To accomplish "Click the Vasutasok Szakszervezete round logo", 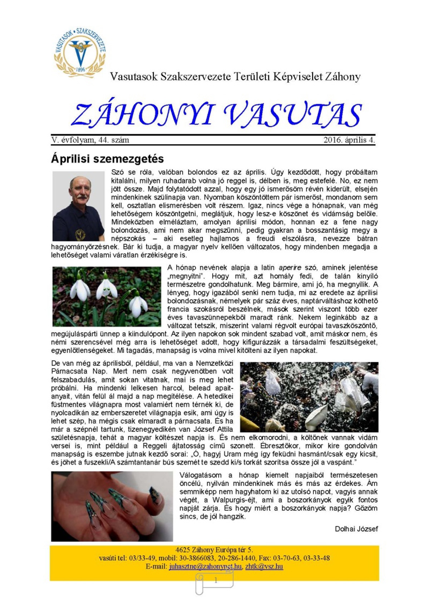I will click(80, 52).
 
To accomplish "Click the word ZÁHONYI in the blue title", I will click(142, 115).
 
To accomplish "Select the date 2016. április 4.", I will click(349, 140).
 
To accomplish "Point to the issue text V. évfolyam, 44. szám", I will click(90, 140).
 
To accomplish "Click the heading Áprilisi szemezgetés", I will click(107, 159).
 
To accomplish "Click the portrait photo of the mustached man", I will click(78, 206).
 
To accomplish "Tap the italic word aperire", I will click(290, 268).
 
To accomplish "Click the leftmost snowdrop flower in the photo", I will click(80, 290).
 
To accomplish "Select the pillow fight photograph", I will click(309, 397).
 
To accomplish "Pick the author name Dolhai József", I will click(356, 529).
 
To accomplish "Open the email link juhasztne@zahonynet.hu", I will click(205, 566).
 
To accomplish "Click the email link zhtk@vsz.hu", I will click(264, 566).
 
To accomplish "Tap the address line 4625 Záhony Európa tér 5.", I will click(214, 550).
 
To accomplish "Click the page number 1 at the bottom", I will click(216, 581).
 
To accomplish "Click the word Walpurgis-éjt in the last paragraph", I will click(234, 500).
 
